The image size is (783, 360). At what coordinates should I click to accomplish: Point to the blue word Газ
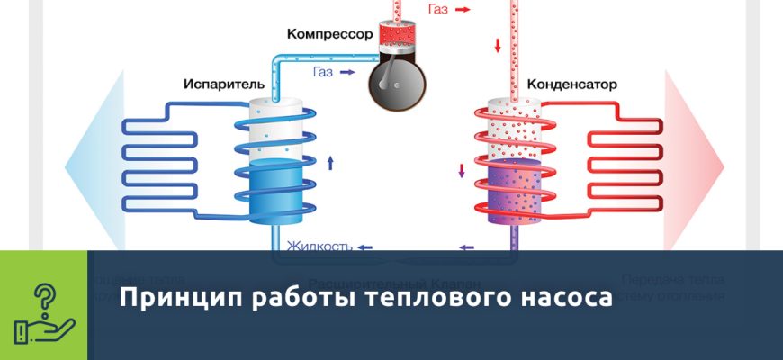click(x=325, y=70)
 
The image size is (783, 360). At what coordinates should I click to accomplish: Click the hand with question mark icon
click(x=43, y=305)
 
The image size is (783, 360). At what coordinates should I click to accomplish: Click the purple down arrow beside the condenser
click(x=463, y=170)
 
